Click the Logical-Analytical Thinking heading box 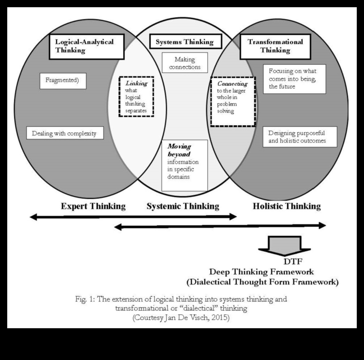tap(86, 46)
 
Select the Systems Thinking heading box tap(184, 42)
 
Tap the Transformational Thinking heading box tap(275, 46)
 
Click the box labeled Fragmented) tap(63, 81)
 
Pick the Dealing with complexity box tap(65, 134)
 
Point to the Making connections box tap(185, 63)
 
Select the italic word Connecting tap(232, 84)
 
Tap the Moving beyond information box tap(184, 165)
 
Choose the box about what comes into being tap(294, 79)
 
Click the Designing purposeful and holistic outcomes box tap(300, 137)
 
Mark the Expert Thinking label tap(93, 207)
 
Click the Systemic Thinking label tap(183, 207)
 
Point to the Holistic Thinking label tap(287, 207)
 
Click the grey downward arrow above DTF tap(284, 245)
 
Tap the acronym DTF tap(292, 262)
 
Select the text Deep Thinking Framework tap(261, 272)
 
